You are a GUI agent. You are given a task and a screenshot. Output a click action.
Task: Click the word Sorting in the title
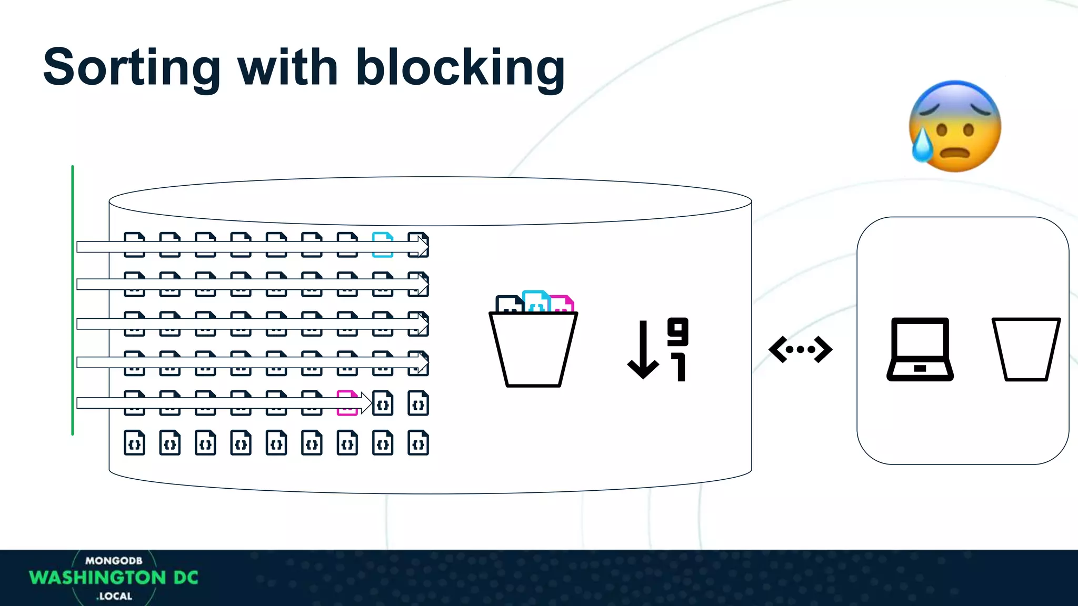pos(132,68)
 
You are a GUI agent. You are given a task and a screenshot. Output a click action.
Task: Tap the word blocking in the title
pos(460,68)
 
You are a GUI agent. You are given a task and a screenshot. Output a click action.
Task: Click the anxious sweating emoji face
pos(955,126)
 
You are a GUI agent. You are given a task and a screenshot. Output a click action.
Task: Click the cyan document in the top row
pos(383,245)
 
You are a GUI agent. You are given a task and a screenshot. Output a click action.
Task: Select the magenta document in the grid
pos(347,403)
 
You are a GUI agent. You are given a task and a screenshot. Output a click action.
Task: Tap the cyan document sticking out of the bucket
pos(536,301)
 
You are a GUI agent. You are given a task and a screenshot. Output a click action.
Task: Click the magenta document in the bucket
pos(562,304)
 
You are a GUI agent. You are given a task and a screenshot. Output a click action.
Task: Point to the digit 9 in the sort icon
pos(677,331)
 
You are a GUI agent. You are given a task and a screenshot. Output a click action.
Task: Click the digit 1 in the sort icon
pos(679,367)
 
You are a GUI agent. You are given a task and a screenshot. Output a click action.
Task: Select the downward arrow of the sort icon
pos(643,350)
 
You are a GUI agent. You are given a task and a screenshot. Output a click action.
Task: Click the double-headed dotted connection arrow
pos(800,349)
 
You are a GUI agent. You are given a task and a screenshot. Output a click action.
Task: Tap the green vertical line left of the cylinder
pos(73,300)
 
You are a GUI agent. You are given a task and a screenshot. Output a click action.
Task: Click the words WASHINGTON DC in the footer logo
pos(114,578)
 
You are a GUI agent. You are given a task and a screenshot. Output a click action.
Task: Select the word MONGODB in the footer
pos(114,561)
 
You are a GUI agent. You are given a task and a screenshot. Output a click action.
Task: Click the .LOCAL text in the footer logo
pos(114,596)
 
